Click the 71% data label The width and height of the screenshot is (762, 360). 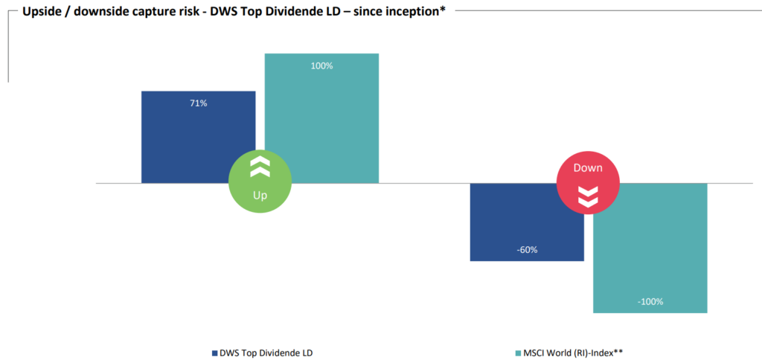198,103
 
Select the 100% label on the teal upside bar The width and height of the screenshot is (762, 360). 321,66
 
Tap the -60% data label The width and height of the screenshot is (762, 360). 527,249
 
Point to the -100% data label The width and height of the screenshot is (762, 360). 650,301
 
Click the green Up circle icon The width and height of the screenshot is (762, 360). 259,182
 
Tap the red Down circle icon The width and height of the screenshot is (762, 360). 588,182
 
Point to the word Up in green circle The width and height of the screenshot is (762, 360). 259,196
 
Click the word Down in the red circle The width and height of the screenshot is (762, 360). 588,168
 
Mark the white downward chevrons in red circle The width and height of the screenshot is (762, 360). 588,196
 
